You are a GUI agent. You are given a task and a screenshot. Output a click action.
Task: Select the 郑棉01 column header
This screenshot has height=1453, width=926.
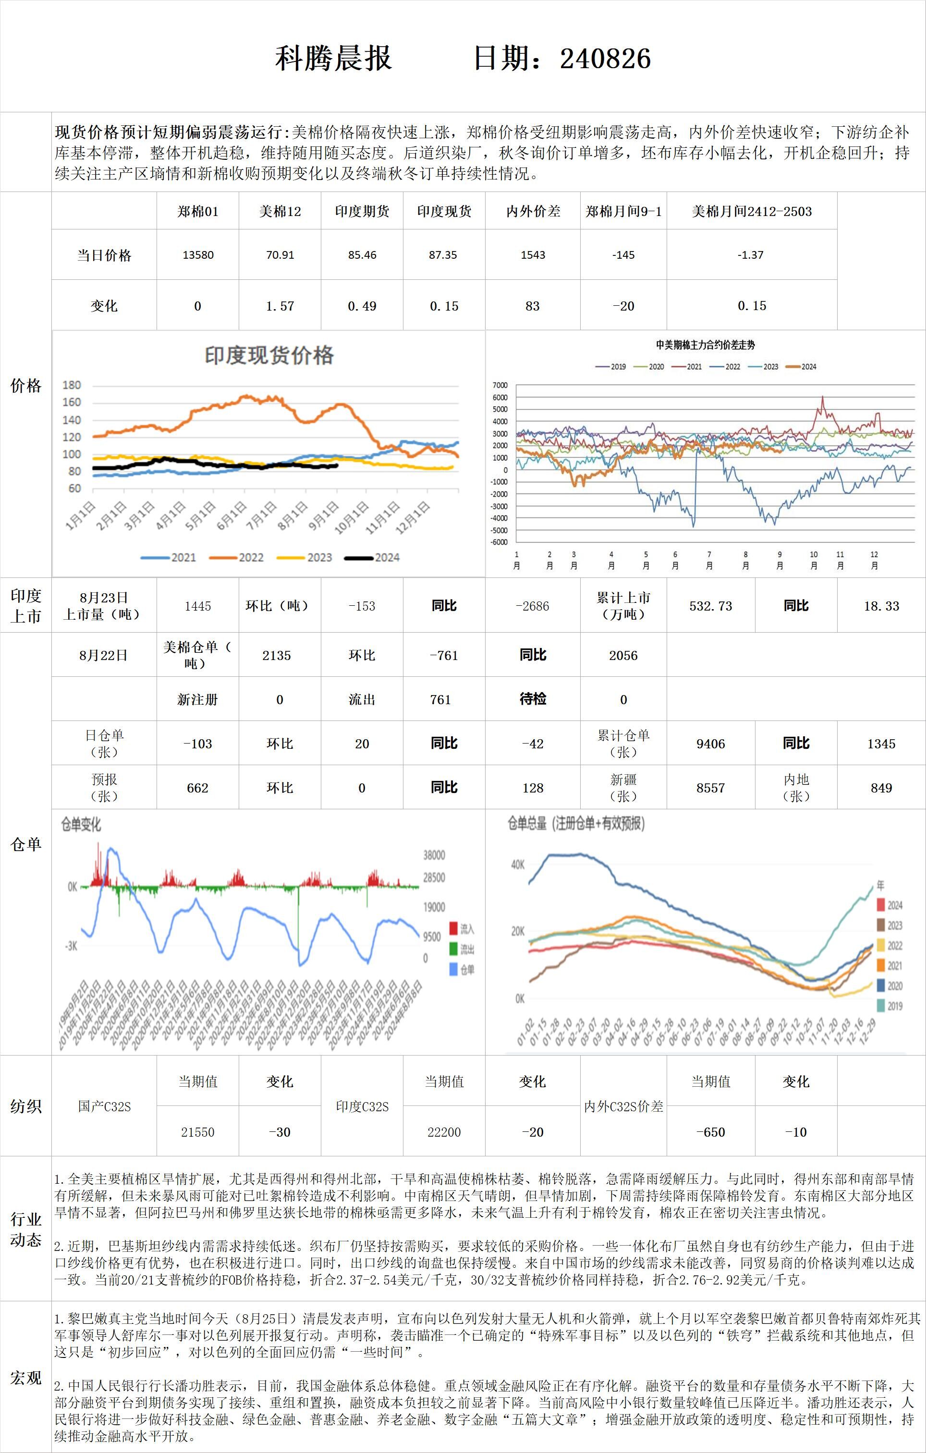point(198,211)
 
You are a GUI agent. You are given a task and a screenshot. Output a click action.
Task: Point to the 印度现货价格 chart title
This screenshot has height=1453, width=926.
point(269,355)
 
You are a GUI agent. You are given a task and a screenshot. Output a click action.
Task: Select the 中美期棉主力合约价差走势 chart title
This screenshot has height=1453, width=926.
point(705,345)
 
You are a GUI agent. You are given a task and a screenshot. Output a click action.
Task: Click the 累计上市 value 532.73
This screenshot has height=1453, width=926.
point(710,606)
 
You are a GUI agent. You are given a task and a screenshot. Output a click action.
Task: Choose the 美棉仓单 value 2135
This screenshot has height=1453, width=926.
point(277,655)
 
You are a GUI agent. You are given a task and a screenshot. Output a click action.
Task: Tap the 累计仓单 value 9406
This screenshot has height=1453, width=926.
point(710,744)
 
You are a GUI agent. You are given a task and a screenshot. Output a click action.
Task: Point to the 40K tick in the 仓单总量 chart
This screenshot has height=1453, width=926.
point(518,865)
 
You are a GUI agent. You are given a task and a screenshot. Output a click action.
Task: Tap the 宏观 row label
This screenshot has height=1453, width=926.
point(26,1378)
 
